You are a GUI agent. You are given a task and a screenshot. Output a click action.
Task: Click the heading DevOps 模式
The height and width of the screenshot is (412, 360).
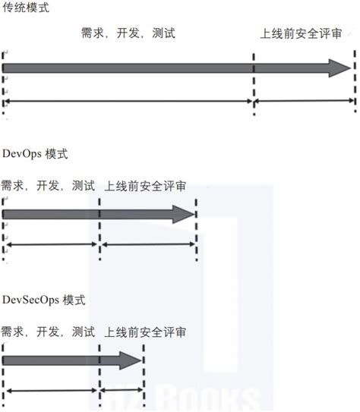coord(35,154)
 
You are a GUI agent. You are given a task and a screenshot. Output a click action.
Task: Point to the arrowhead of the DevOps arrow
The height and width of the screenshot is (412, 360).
coord(185,215)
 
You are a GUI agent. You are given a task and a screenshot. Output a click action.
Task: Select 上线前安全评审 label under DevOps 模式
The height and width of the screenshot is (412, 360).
coord(147,186)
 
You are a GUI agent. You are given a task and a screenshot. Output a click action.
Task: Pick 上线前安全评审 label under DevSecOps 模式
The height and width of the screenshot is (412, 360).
coord(146,332)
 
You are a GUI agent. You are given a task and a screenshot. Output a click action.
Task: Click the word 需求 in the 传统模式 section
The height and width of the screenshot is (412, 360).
coord(92,35)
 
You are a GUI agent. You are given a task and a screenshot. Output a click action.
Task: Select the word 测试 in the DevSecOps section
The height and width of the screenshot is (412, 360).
coord(84,332)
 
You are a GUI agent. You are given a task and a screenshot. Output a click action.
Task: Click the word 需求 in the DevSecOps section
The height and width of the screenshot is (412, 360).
coord(11,332)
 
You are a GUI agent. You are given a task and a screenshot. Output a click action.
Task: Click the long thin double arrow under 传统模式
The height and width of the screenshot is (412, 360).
coord(128,101)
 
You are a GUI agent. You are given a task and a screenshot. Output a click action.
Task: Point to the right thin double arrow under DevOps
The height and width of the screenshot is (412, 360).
coord(147,244)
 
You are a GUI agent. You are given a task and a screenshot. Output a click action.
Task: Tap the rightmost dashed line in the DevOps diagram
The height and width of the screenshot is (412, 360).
coord(196,228)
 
